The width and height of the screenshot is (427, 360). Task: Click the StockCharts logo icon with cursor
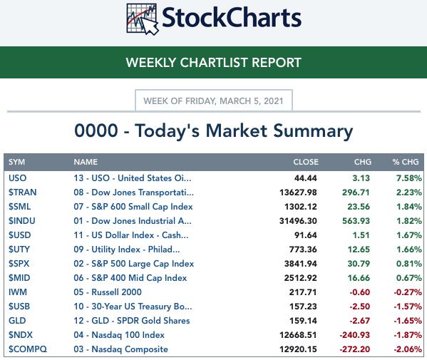143,19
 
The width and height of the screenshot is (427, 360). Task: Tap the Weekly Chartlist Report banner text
214,63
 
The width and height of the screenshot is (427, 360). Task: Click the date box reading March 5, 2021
214,101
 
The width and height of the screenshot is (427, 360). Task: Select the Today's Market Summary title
214,131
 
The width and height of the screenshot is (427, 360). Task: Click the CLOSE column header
306,162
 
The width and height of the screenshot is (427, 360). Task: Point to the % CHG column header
406,162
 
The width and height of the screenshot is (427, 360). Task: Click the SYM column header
16,162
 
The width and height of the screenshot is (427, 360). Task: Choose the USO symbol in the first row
17,178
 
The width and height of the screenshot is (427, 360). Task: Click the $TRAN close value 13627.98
298,192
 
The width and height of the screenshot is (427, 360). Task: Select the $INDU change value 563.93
356,221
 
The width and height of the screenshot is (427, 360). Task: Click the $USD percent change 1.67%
409,235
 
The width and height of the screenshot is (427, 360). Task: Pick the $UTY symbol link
19,250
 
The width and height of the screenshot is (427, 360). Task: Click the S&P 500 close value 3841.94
301,264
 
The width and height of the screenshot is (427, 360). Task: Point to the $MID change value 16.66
359,278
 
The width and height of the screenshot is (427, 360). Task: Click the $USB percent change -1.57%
408,307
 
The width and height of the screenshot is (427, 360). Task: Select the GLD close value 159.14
303,321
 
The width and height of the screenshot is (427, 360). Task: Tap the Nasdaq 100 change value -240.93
354,335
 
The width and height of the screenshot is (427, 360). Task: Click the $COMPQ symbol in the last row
28,349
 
